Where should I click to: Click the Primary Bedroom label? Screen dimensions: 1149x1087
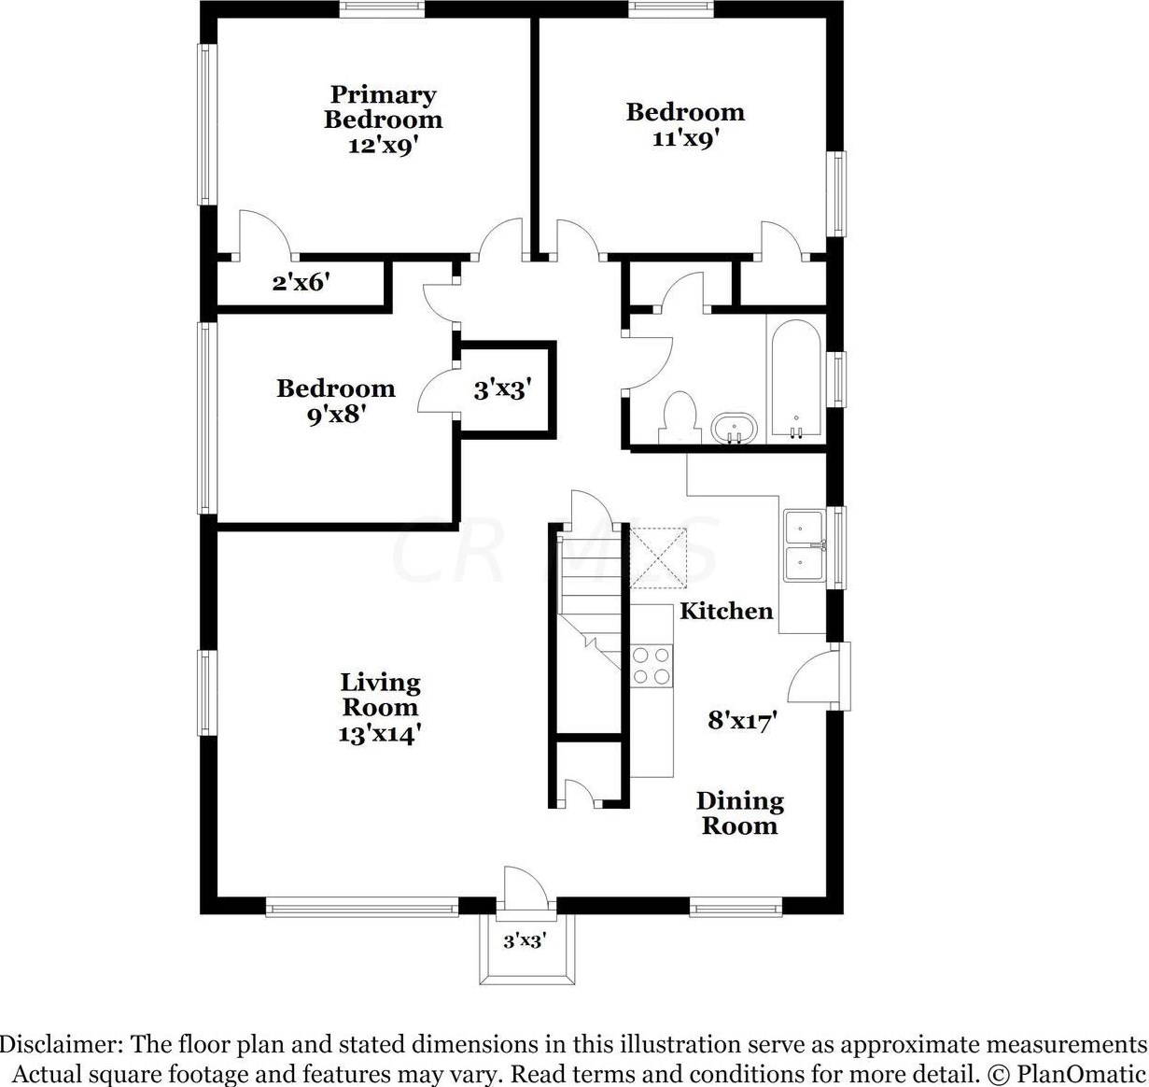pos(383,107)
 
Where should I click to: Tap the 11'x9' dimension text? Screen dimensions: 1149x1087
pos(685,139)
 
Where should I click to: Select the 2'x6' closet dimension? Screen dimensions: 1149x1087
pos(301,282)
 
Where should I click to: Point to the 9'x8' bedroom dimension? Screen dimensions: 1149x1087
pos(336,415)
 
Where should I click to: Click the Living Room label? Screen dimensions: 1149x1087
pos(380,695)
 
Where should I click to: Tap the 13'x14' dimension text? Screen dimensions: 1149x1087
pos(380,733)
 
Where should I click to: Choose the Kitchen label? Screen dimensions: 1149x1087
pos(726,611)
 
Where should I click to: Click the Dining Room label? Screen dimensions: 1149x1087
pos(740,813)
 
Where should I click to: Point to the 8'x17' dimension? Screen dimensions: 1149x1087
pos(742,720)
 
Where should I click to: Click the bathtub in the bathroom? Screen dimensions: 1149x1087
pos(796,378)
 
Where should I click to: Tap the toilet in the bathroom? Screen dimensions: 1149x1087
pos(680,417)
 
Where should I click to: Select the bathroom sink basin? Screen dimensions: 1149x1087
pos(734,429)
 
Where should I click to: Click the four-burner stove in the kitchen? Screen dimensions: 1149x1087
pos(652,666)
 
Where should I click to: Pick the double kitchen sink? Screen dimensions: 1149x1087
pos(805,545)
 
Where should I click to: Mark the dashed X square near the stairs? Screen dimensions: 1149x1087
pos(657,558)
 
